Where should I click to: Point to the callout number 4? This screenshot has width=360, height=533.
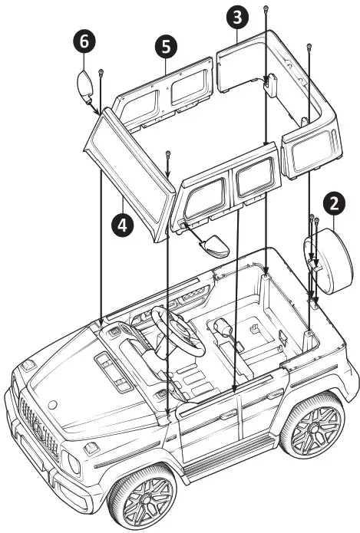pos(120,224)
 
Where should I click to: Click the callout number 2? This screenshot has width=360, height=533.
pos(332,203)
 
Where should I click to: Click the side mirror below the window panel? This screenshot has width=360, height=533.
pos(213,248)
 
